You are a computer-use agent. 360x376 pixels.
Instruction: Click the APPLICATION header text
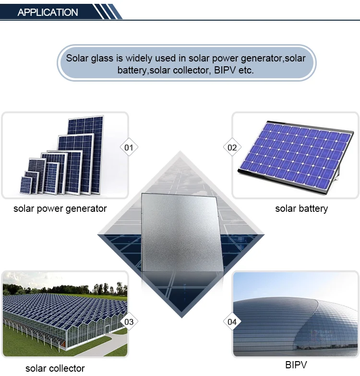coord(48,12)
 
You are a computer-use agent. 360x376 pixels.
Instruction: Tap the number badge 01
coord(129,147)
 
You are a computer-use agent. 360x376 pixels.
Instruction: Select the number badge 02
coord(232,147)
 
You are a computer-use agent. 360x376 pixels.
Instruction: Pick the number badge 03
coord(129,322)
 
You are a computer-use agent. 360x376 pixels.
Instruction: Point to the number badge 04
coord(232,322)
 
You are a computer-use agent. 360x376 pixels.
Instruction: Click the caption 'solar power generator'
coord(60,208)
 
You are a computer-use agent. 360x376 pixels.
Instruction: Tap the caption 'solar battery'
coord(301,208)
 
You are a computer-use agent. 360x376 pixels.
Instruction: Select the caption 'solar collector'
coord(55,368)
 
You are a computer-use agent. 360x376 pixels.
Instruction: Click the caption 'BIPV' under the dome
coord(296,365)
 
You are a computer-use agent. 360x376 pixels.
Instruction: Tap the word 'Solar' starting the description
coord(77,58)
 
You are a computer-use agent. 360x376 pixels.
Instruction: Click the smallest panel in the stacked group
coord(27,185)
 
